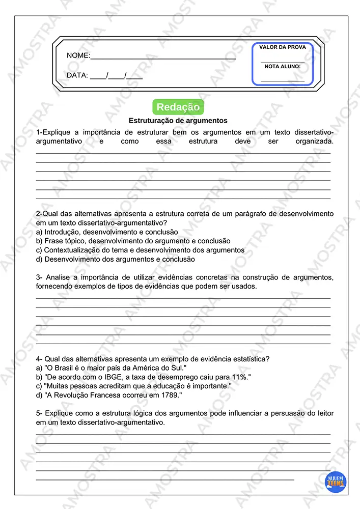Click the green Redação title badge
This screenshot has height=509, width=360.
(178, 107)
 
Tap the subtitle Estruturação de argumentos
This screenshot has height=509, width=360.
(178, 121)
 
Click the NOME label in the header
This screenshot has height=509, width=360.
(78, 55)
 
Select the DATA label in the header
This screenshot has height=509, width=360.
(77, 76)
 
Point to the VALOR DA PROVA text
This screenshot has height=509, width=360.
(283, 47)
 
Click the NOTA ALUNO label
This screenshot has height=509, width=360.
(283, 67)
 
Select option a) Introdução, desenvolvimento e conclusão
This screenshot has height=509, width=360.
(107, 232)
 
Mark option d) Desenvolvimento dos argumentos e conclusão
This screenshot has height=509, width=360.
(116, 259)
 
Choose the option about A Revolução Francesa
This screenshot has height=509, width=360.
(109, 395)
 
